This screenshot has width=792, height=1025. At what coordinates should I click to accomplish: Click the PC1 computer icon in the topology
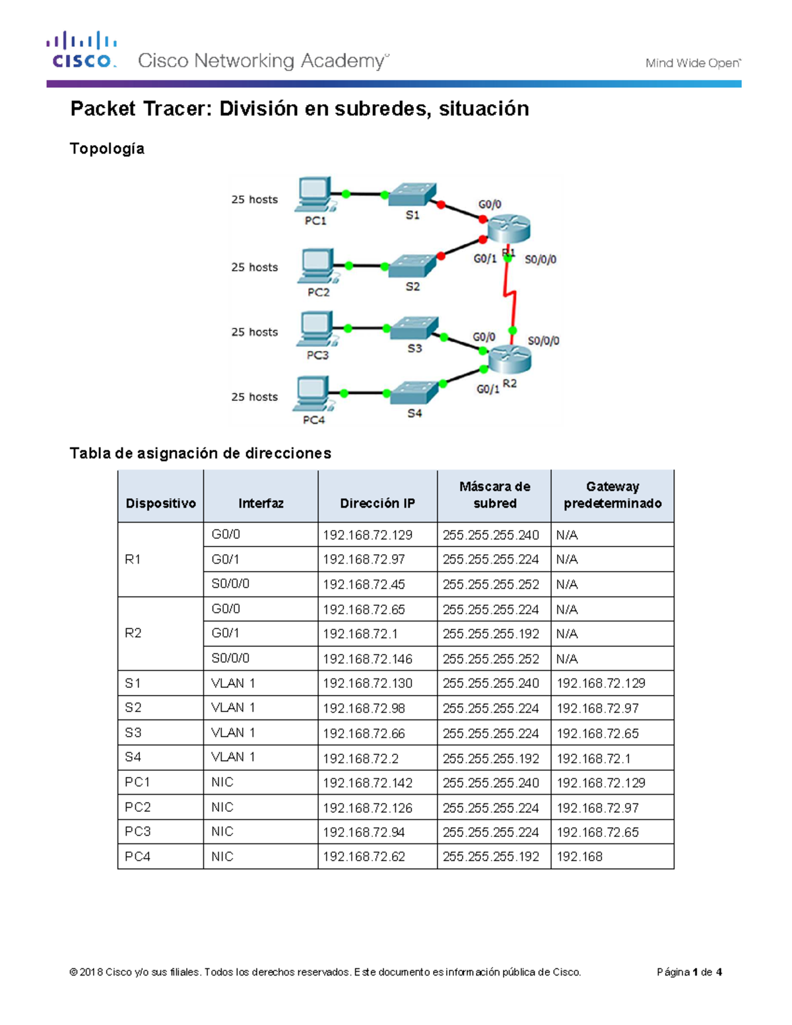pos(314,194)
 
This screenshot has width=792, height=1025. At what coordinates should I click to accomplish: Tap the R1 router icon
pos(508,228)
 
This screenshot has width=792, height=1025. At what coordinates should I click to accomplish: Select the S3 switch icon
pos(414,328)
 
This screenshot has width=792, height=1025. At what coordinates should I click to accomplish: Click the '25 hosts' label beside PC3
pos(254,332)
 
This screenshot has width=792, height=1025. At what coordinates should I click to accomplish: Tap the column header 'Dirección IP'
pos(377,503)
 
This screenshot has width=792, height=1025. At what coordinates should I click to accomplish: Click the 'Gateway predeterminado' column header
pos(612,495)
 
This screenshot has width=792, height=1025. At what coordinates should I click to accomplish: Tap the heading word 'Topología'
pos(107,149)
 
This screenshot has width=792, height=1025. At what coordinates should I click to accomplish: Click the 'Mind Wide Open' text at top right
pos(692,63)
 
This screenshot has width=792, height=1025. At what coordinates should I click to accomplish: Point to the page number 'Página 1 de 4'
pos(689,972)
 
